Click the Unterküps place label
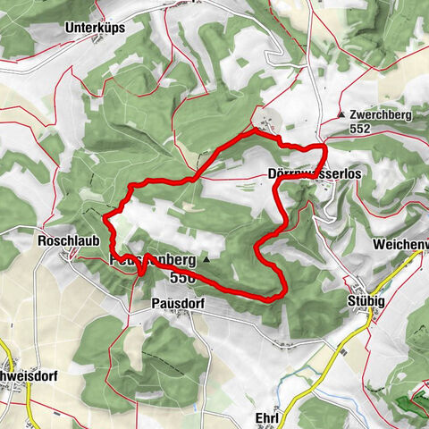(95, 28)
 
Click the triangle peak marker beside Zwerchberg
(342, 115)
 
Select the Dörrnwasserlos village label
(314, 175)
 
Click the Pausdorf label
(172, 304)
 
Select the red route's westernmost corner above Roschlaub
(105, 216)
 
